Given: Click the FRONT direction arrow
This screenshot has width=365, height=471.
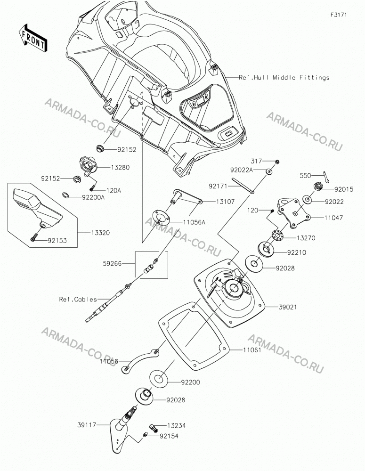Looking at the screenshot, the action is pyautogui.click(x=32, y=38).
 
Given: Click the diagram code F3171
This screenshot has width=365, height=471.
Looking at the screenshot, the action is pyautogui.click(x=339, y=15).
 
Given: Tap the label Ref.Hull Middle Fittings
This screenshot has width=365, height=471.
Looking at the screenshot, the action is pyautogui.click(x=284, y=78).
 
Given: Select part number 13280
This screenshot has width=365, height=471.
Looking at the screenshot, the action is pyautogui.click(x=120, y=167).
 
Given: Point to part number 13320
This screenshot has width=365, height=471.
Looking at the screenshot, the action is pyautogui.click(x=100, y=233).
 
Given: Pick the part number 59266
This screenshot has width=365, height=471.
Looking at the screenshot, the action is pyautogui.click(x=112, y=263).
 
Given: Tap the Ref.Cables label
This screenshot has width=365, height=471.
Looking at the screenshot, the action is pyautogui.click(x=78, y=299).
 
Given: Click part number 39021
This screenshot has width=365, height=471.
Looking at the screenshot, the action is pyautogui.click(x=287, y=307).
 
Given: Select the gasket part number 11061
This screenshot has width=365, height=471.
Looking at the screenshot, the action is pyautogui.click(x=252, y=350).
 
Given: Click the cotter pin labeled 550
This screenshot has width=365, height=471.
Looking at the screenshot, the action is pyautogui.click(x=326, y=177).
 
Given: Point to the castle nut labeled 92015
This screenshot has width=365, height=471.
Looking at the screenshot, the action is pyautogui.click(x=319, y=186).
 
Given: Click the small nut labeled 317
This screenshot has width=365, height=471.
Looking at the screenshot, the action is pyautogui.click(x=278, y=162).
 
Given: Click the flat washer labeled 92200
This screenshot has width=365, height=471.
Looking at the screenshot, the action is pyautogui.click(x=159, y=379).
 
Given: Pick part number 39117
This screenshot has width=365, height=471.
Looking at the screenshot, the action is pyautogui.click(x=87, y=425).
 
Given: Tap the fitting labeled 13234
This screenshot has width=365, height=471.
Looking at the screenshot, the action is pyautogui.click(x=154, y=428).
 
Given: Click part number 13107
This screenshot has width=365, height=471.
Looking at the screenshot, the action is pyautogui.click(x=225, y=202).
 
